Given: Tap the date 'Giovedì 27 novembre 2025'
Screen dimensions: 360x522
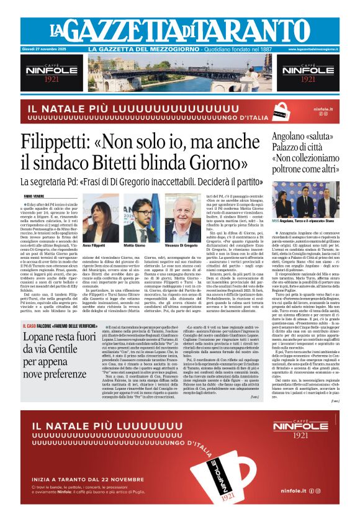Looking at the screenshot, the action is click(48, 49).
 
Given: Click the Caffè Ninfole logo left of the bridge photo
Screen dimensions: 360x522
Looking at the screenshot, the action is click(52, 74).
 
